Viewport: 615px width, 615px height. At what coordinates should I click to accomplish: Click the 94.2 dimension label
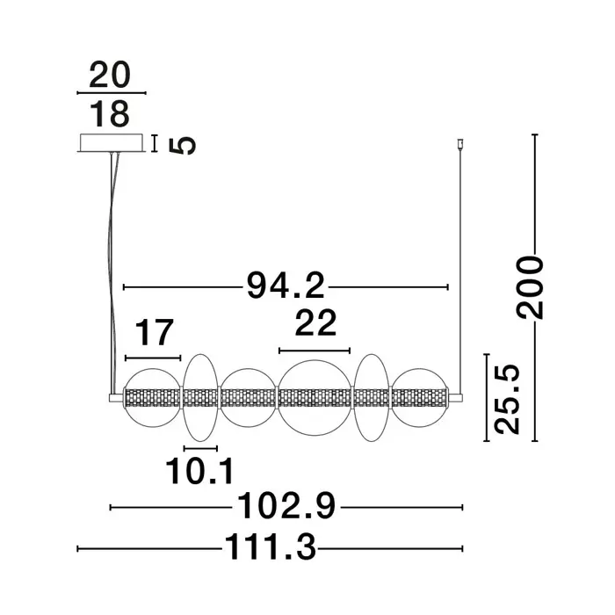pos(286,286)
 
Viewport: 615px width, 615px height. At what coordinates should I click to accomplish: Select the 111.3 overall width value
pos(271,547)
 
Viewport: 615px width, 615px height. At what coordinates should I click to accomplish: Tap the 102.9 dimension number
pos(286,506)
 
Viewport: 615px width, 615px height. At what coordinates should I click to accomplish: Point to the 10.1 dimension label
pos(200,471)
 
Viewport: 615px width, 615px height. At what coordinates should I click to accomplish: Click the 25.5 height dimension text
pos(506,399)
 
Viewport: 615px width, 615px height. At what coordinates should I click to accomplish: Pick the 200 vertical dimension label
pos(530,286)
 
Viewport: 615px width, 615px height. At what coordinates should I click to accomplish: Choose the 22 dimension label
pos(315,322)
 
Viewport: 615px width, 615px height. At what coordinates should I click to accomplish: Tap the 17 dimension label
pos(154,333)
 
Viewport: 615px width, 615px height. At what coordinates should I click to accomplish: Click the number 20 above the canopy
pos(110,75)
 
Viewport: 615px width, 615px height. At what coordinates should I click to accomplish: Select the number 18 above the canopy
pos(110,113)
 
